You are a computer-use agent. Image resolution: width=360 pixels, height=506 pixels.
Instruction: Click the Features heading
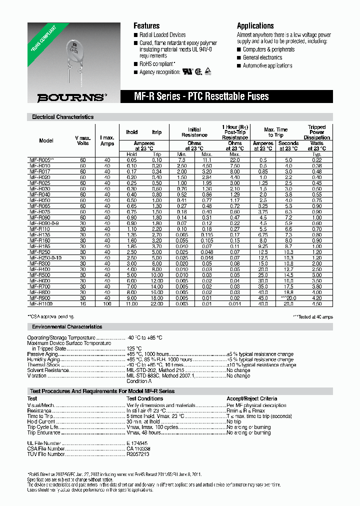click(x=146, y=26)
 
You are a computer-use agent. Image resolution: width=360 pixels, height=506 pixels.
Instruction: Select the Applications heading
click(x=255, y=26)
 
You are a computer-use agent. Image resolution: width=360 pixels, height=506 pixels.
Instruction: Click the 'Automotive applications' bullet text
click(x=267, y=66)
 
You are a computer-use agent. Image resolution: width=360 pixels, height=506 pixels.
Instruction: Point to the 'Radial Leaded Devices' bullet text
click(x=162, y=35)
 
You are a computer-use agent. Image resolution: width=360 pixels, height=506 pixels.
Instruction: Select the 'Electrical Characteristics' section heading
click(x=62, y=117)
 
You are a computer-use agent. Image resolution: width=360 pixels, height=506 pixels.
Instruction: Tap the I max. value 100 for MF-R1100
click(x=107, y=303)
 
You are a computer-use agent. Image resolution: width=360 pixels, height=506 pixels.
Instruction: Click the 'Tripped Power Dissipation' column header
click(x=316, y=132)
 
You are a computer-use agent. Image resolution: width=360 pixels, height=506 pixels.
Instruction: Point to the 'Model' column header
click(x=46, y=141)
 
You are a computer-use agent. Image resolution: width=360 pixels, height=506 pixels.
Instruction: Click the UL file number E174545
click(x=137, y=443)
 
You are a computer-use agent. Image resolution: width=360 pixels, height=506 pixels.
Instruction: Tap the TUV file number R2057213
click(x=137, y=454)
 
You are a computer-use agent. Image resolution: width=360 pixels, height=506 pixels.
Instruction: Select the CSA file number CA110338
click(x=138, y=449)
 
